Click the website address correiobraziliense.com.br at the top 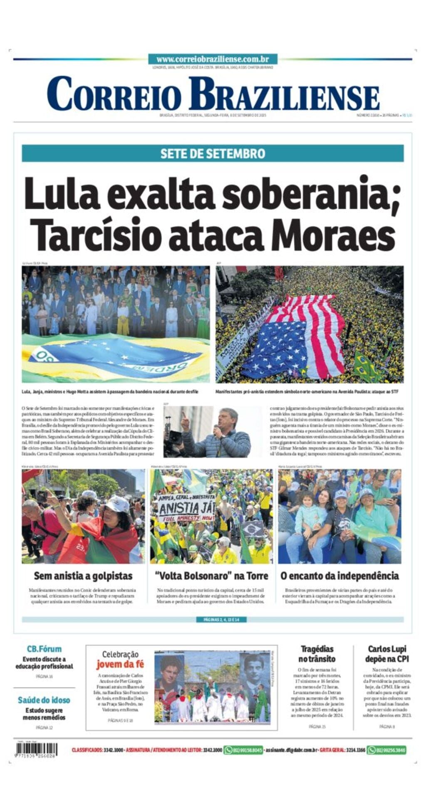tap(213, 59)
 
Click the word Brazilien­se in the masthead tap(284, 95)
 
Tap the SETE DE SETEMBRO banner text tap(213, 153)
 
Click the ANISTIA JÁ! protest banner tap(186, 507)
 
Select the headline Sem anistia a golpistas tap(83, 576)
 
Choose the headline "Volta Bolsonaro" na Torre tap(212, 576)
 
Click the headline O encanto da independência tap(339, 576)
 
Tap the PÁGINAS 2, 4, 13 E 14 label tap(221, 620)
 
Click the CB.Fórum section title tap(44, 649)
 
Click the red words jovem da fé tap(120, 665)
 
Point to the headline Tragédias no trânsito tap(317, 654)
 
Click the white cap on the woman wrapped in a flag tap(118, 503)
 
